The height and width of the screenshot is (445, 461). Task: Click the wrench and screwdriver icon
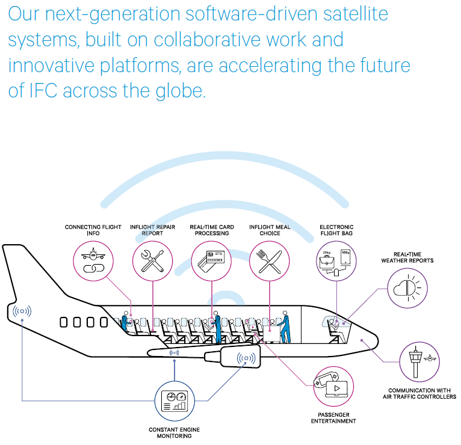tap(152, 261)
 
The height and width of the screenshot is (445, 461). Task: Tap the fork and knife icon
tap(269, 261)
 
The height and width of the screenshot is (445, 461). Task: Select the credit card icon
tap(211, 261)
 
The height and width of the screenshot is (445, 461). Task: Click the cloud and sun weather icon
tap(407, 288)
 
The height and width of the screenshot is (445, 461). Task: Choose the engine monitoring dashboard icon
tap(175, 401)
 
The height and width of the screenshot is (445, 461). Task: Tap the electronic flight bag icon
tap(336, 262)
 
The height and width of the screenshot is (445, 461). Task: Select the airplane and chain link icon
tap(93, 260)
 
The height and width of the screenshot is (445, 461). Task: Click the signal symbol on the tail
tap(22, 311)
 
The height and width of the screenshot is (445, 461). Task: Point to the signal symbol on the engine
tap(246, 358)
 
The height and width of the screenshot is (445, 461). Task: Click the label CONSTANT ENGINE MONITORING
tap(175, 432)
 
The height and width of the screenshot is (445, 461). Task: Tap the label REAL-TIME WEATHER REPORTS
tap(407, 257)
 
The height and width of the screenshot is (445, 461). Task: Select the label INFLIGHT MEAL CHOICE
tap(270, 230)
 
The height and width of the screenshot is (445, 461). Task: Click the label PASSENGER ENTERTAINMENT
tap(333, 418)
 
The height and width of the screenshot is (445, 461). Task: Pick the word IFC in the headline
tap(43, 90)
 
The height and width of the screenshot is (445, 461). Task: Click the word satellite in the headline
tap(356, 14)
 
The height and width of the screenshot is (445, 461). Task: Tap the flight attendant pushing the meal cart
tap(285, 327)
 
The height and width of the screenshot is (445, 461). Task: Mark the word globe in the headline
tap(180, 91)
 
